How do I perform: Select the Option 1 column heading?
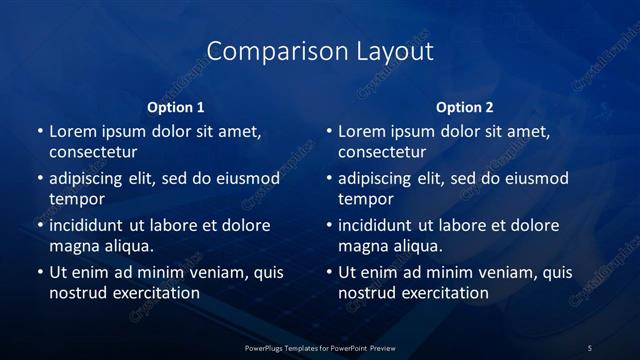pos(176,107)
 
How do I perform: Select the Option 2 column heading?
pos(465,107)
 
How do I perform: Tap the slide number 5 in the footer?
pos(590,347)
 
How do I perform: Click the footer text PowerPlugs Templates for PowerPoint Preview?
pos(319,347)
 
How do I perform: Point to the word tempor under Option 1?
pos(77,198)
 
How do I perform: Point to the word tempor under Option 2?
pos(367,198)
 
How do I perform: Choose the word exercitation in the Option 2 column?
pos(443,293)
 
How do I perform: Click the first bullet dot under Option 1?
pos(40,132)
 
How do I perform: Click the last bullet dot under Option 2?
pos(330,272)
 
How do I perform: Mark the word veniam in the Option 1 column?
pos(208,272)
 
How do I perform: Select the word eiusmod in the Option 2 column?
pos(534,179)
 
